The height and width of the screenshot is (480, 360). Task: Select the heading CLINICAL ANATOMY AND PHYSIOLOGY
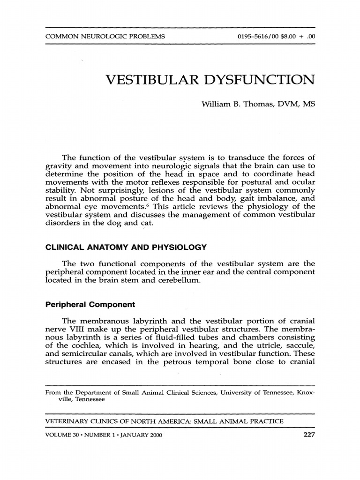pyautogui.click(x=126, y=247)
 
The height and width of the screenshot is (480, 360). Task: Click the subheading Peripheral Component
pyautogui.click(x=90, y=304)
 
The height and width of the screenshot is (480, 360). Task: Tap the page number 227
pyautogui.click(x=309, y=435)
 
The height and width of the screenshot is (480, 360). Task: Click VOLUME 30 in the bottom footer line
pyautogui.click(x=63, y=435)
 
